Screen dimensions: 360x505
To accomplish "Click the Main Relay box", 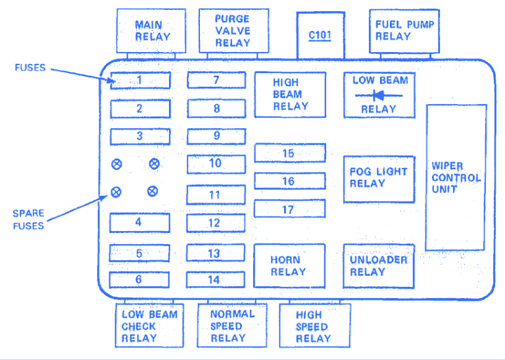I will pyautogui.click(x=149, y=32).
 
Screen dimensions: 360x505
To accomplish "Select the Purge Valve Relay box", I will pyautogui.click(x=233, y=30).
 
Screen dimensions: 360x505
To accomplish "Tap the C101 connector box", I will pyautogui.click(x=320, y=34).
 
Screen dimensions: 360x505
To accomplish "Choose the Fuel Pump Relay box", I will pyautogui.click(x=404, y=31).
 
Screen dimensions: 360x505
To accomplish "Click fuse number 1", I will pyautogui.click(x=140, y=80).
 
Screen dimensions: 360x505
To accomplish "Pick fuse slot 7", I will pyautogui.click(x=216, y=80).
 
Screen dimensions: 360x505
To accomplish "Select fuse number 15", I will pyautogui.click(x=289, y=153).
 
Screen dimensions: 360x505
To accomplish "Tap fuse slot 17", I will pyautogui.click(x=289, y=209).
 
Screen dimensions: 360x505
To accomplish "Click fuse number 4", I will pyautogui.click(x=139, y=222).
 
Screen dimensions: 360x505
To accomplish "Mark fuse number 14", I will pyautogui.click(x=216, y=279).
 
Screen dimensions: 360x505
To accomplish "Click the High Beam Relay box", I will pyautogui.click(x=290, y=95).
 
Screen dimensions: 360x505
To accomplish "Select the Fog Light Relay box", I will pyautogui.click(x=379, y=178).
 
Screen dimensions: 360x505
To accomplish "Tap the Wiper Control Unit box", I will pyautogui.click(x=456, y=177).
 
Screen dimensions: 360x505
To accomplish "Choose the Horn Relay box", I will pyautogui.click(x=289, y=266).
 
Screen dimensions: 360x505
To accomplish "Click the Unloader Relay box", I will pyautogui.click(x=379, y=266).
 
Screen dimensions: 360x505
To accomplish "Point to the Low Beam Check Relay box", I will pyautogui.click(x=148, y=325).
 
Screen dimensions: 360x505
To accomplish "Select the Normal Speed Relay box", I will pyautogui.click(x=232, y=325).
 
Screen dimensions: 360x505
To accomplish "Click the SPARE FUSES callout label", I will pyautogui.click(x=28, y=220).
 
